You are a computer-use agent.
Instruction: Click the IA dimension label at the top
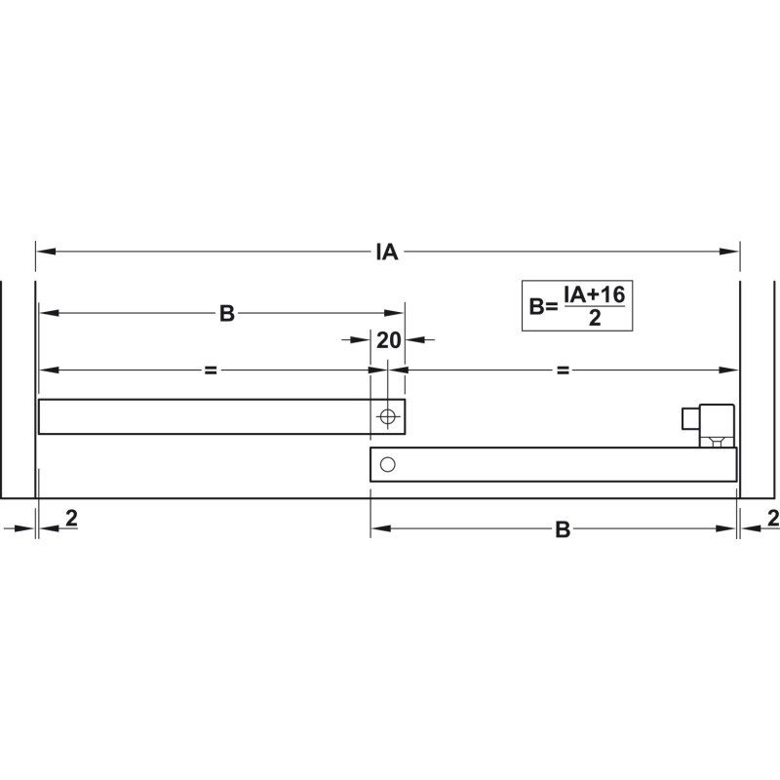tap(386, 253)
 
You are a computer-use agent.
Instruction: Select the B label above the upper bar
tap(227, 314)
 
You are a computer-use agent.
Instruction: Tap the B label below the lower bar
tap(563, 529)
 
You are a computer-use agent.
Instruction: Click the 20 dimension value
tap(388, 340)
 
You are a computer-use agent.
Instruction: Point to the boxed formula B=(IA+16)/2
tap(577, 305)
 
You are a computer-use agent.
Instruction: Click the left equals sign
tap(211, 370)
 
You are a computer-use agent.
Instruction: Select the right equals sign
tap(563, 370)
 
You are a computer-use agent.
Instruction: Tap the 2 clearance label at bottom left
tap(71, 519)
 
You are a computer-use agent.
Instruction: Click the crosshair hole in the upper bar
tap(387, 416)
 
